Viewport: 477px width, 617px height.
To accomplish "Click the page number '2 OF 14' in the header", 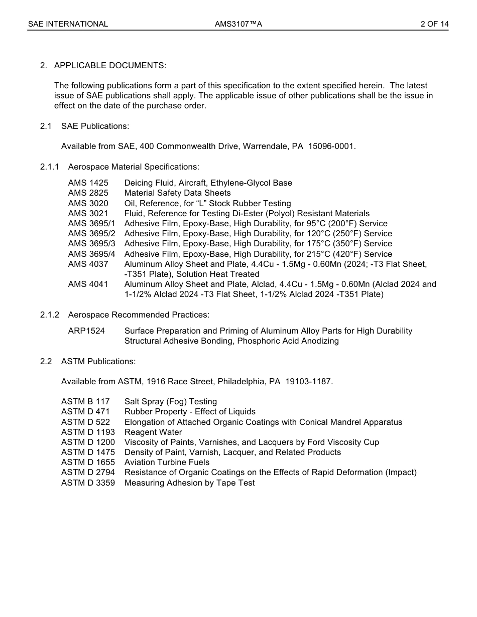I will click(434, 24).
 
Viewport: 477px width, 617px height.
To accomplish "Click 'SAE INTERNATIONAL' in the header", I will click(68, 24).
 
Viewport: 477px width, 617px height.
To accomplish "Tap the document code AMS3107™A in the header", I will click(238, 24).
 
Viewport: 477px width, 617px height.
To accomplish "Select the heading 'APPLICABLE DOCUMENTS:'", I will click(110, 66).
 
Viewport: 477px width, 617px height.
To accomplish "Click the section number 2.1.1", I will click(50, 167).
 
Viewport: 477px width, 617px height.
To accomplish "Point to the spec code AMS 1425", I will click(88, 183).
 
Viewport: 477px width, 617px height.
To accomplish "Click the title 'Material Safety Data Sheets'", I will click(177, 193).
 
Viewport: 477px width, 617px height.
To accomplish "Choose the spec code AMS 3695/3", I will click(91, 244).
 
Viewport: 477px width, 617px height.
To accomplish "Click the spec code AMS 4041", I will click(88, 284).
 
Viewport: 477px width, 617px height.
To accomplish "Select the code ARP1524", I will click(86, 331).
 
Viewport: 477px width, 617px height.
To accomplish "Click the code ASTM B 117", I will click(85, 402).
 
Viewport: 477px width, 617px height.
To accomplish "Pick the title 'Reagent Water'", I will click(153, 432).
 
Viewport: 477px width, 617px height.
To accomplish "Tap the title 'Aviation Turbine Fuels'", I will click(167, 462).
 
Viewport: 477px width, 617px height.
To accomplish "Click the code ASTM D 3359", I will click(88, 483).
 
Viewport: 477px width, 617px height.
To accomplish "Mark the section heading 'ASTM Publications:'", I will click(98, 362).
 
